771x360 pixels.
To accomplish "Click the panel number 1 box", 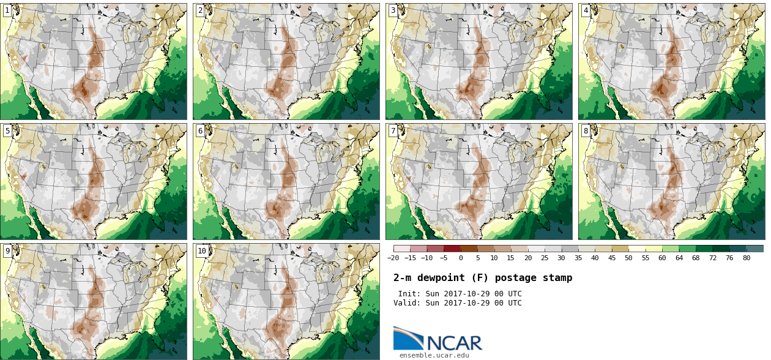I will tap(7, 10).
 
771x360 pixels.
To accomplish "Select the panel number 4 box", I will tap(586, 10).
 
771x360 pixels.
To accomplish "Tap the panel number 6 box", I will tap(200, 130).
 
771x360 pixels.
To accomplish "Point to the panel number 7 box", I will tap(393, 130).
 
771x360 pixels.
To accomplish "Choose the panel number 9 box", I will tap(7, 250).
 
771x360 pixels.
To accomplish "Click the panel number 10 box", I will tap(202, 250).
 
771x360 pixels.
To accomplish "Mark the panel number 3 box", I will tap(393, 10).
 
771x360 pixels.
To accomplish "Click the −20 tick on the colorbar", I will tap(393, 258).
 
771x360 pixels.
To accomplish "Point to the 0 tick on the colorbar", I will tap(461, 258).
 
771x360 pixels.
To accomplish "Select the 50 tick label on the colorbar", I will tap(628, 258).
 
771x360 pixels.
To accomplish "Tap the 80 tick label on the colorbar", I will tap(747, 258).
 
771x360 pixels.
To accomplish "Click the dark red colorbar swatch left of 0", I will tap(452, 249).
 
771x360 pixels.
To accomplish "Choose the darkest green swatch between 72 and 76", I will tap(721, 249).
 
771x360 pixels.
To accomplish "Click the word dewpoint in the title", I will tap(442, 278).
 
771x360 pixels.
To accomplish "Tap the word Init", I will tap(409, 294).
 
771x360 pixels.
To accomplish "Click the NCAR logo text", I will tap(453, 342).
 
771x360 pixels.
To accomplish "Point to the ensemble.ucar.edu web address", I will tap(434, 355).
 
